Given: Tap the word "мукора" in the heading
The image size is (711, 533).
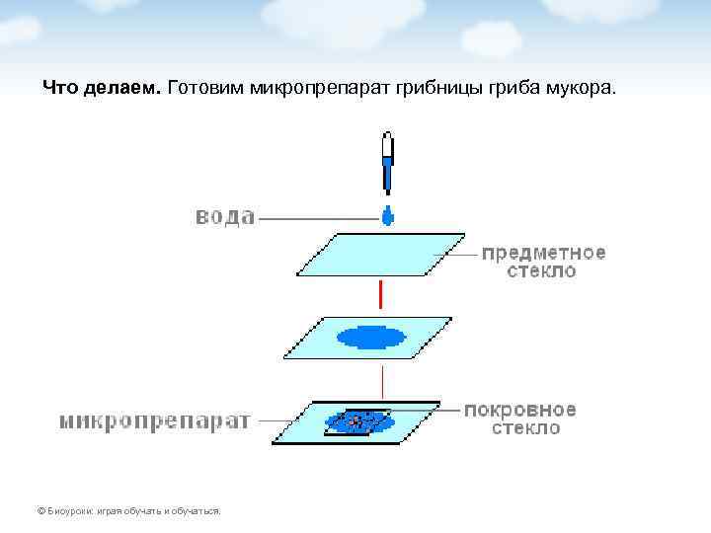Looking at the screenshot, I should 579,89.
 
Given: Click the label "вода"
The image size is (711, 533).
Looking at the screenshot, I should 224,216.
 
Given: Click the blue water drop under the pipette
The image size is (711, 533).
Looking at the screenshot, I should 387,215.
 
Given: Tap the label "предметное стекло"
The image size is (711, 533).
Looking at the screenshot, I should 544,262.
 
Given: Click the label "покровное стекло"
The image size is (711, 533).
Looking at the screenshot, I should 520,419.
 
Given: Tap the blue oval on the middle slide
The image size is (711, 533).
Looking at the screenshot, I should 372,338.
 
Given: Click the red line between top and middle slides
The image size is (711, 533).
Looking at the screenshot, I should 379,294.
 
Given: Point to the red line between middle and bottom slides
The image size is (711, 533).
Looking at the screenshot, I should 382,380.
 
